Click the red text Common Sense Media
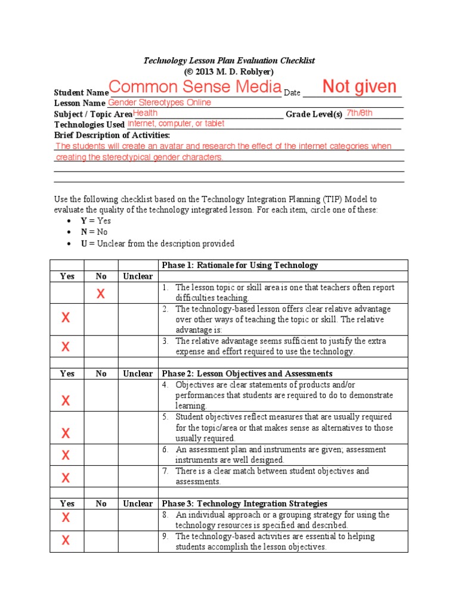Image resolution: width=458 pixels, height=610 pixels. (194, 87)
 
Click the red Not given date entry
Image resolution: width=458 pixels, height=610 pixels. (359, 87)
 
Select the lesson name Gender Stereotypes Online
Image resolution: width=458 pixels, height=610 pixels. (159, 102)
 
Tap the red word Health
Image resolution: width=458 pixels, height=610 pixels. (146, 113)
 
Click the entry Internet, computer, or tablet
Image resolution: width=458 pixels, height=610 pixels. (176, 124)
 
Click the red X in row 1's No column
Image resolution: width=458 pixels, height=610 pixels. (101, 293)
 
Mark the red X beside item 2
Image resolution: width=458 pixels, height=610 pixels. (66, 318)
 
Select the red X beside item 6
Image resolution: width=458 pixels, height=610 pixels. (66, 456)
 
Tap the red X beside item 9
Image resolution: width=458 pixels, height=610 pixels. (66, 541)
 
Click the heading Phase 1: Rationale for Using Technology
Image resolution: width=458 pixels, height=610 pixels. (240, 265)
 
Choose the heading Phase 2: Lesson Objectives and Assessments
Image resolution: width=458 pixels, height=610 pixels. (247, 374)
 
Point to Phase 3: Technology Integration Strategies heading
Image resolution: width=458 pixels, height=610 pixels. (245, 503)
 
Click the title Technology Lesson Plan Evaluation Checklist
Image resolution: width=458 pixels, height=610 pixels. (229, 61)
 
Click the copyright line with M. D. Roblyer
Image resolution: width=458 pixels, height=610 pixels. (229, 71)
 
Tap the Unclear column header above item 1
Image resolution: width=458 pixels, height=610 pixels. (138, 276)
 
